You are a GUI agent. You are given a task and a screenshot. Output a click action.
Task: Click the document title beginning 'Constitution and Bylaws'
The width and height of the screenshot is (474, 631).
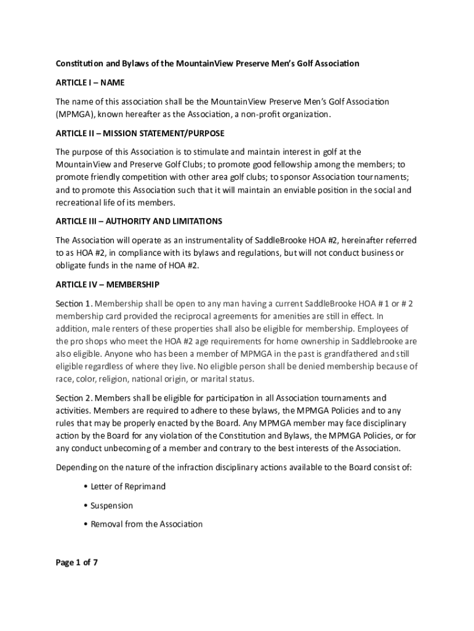(207, 63)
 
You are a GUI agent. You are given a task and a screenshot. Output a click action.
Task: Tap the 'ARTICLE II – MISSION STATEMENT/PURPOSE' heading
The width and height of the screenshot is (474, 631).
(140, 133)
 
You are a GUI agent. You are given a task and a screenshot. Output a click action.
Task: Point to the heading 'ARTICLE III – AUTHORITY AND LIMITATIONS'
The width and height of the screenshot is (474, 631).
(139, 221)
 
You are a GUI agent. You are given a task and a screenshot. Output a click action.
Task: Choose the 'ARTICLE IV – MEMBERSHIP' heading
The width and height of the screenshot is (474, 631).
(108, 285)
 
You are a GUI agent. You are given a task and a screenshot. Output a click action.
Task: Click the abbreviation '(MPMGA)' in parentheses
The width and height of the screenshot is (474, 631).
(74, 115)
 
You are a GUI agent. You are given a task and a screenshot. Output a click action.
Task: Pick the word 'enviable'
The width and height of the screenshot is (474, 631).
(308, 190)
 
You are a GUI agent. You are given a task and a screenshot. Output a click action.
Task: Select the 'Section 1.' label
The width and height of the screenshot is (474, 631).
(74, 304)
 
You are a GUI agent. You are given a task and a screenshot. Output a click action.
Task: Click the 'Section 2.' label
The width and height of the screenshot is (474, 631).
(74, 398)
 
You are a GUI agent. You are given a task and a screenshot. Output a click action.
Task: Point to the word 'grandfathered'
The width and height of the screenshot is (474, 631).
(347, 354)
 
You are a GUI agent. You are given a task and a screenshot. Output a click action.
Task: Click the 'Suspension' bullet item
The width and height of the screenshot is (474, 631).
(111, 505)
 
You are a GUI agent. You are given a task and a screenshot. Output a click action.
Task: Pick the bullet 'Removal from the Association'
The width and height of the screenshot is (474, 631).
(147, 524)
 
